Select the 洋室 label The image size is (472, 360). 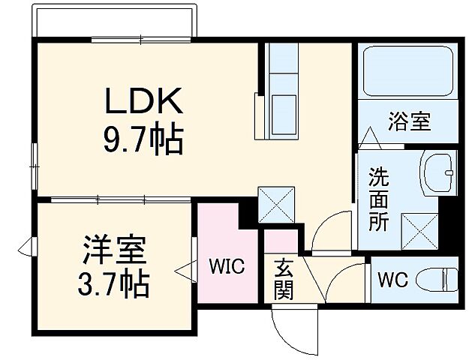tap(113, 248)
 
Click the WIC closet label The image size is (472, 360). tap(226, 266)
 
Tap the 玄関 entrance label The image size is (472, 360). tap(284, 277)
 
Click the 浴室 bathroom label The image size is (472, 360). tap(409, 121)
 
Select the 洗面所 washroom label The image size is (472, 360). tap(377, 199)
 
